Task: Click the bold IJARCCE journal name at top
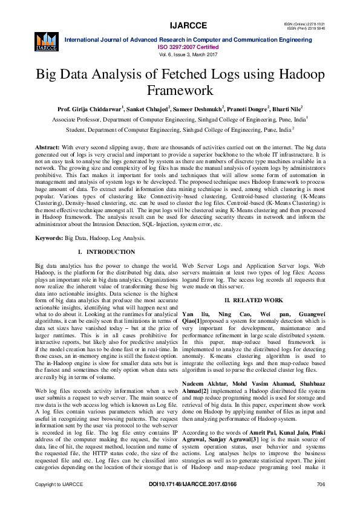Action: [x=180, y=25]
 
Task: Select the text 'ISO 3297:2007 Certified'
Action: [x=180, y=46]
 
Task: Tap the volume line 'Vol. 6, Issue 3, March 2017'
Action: [x=180, y=53]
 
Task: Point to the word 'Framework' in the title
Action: [x=180, y=91]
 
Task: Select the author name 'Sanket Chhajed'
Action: [x=146, y=110]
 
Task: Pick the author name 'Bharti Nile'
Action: [x=287, y=110]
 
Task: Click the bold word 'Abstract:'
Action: [x=47, y=148]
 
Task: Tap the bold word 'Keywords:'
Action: [x=49, y=239]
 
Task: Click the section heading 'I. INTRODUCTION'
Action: [x=107, y=251]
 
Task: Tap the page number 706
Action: [x=321, y=501]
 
